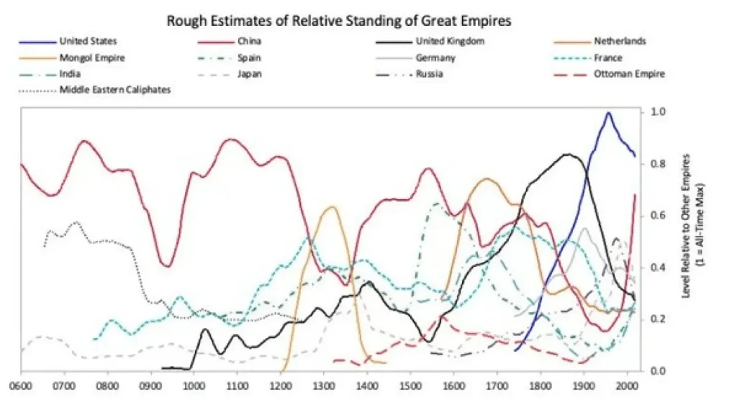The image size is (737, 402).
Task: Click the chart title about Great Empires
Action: point(339,19)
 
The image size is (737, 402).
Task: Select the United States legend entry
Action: point(88,41)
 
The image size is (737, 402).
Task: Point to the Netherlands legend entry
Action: point(620,41)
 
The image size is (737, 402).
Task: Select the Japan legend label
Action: point(248,73)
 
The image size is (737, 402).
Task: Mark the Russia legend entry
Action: point(429,73)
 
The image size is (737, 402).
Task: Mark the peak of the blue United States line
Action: point(609,113)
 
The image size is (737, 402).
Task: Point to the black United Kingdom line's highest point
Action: point(568,154)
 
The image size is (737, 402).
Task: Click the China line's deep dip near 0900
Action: point(167,266)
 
